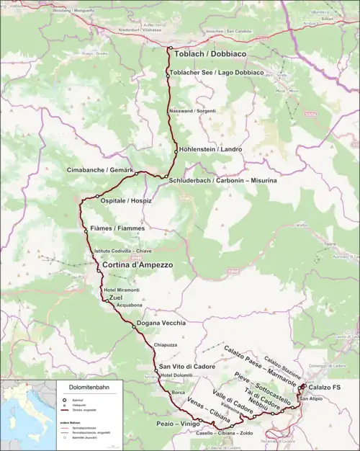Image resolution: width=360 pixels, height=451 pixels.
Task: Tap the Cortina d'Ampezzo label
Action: pos(138,265)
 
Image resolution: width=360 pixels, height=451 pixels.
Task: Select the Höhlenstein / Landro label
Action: pos(211,149)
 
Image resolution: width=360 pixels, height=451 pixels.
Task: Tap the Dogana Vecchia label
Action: pos(163,323)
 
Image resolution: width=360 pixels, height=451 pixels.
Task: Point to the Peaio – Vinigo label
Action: pos(177,424)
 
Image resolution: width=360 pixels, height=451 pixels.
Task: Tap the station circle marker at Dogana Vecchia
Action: pos(134,326)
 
